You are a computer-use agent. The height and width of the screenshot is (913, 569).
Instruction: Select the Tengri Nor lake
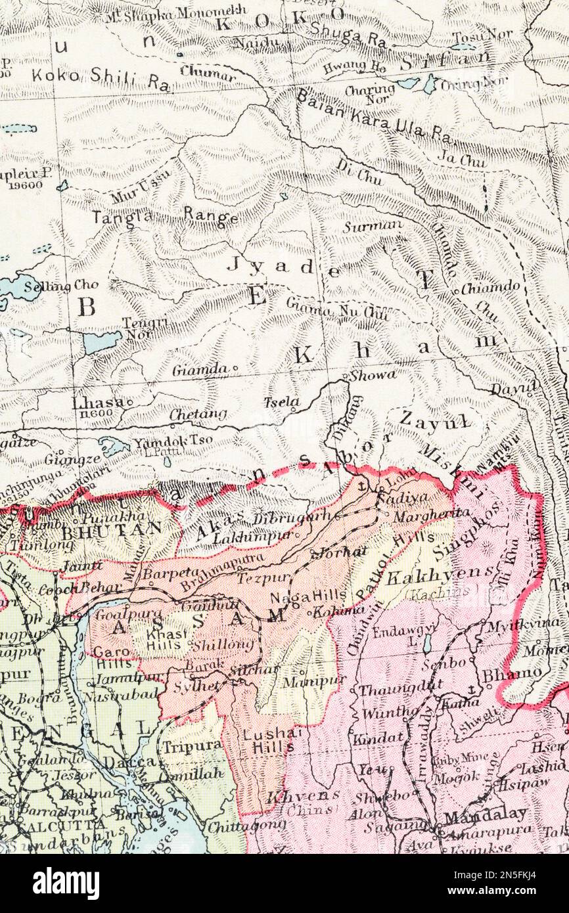(x=102, y=341)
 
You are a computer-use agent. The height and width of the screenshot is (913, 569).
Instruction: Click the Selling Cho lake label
(x=60, y=287)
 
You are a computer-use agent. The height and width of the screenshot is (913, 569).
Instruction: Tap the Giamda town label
(x=200, y=370)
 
